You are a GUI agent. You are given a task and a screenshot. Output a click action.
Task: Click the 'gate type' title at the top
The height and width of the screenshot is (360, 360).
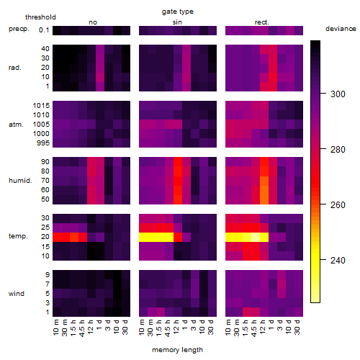point(178,12)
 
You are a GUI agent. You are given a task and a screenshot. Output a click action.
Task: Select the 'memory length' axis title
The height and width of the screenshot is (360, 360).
point(177,350)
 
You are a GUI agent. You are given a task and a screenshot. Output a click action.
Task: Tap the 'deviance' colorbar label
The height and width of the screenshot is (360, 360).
point(341,29)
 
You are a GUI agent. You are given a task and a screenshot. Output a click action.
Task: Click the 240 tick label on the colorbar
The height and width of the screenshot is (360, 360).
point(338,261)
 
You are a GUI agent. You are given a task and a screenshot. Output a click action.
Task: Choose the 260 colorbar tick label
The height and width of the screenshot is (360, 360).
point(338,205)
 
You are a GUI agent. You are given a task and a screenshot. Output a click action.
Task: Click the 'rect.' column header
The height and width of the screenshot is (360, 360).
point(261,22)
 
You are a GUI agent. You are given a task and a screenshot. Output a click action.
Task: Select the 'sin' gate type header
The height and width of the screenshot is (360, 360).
point(177,22)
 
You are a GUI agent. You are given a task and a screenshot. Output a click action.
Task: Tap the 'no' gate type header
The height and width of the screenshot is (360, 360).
point(93,22)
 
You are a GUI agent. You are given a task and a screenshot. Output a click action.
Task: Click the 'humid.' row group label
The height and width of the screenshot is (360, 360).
point(20,181)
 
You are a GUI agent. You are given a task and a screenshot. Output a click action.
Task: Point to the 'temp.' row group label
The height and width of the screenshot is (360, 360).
point(18,236)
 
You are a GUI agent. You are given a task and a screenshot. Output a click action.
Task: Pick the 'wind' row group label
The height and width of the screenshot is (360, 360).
point(17,294)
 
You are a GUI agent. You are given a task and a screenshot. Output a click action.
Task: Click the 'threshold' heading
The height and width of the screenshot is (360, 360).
point(40,17)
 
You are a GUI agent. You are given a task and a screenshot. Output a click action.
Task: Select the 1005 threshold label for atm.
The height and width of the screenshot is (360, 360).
point(41,125)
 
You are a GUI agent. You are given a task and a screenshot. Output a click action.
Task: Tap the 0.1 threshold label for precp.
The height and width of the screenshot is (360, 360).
point(44,30)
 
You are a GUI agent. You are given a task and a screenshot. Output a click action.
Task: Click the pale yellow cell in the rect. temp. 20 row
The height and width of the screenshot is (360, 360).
point(256,237)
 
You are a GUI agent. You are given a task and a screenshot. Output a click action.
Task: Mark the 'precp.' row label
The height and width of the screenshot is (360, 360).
point(19,29)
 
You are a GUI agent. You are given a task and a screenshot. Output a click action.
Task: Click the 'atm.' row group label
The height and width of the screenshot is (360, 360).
point(16,125)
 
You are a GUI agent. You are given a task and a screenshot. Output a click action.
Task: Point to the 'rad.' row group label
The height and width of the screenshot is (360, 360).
point(15,68)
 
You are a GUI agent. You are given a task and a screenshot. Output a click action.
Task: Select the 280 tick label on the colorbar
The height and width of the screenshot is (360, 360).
point(338,150)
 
